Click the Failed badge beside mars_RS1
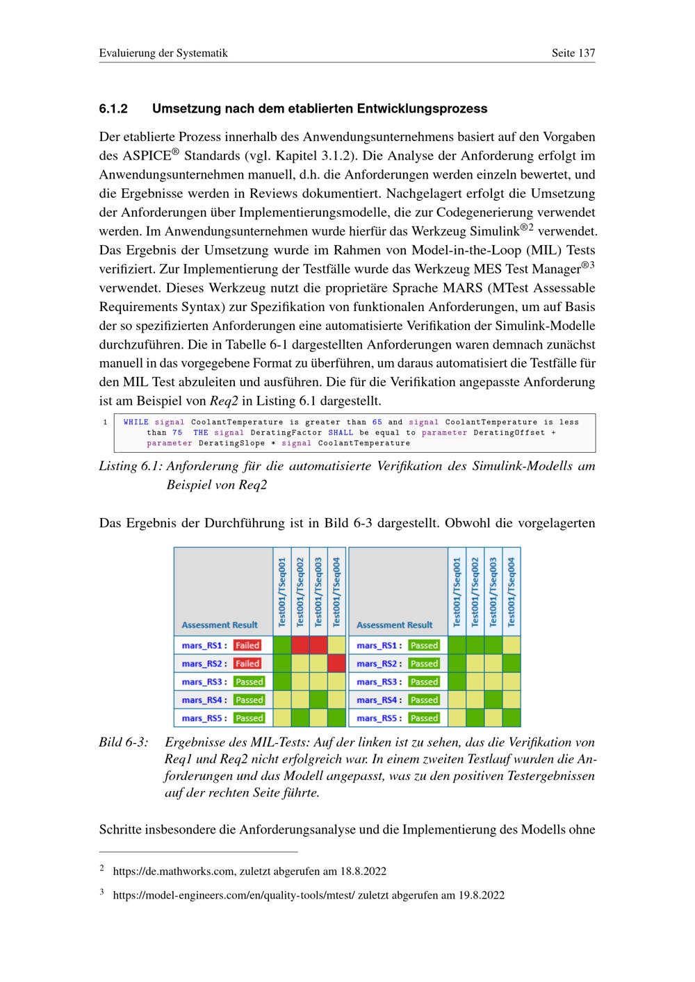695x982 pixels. pyautogui.click(x=247, y=645)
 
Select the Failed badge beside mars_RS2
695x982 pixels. pyautogui.click(x=247, y=663)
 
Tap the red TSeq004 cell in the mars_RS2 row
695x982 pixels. pyautogui.click(x=336, y=663)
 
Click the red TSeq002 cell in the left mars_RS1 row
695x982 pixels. pyautogui.click(x=300, y=645)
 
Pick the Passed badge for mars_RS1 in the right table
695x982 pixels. pyautogui.click(x=423, y=645)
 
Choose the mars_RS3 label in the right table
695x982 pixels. pyautogui.click(x=376, y=681)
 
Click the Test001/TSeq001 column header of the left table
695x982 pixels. pyautogui.click(x=282, y=591)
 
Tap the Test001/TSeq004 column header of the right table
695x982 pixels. pyautogui.click(x=512, y=591)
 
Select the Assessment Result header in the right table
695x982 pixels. pyautogui.click(x=394, y=624)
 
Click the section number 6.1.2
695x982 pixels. pyautogui.click(x=114, y=109)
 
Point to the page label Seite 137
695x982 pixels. pyautogui.click(x=573, y=53)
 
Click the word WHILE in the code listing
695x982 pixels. pyautogui.click(x=136, y=422)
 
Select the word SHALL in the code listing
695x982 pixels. pyautogui.click(x=341, y=433)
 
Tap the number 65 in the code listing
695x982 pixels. pyautogui.click(x=377, y=422)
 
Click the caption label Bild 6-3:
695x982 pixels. pyautogui.click(x=124, y=742)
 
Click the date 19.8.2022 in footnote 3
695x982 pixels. pyautogui.click(x=482, y=895)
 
